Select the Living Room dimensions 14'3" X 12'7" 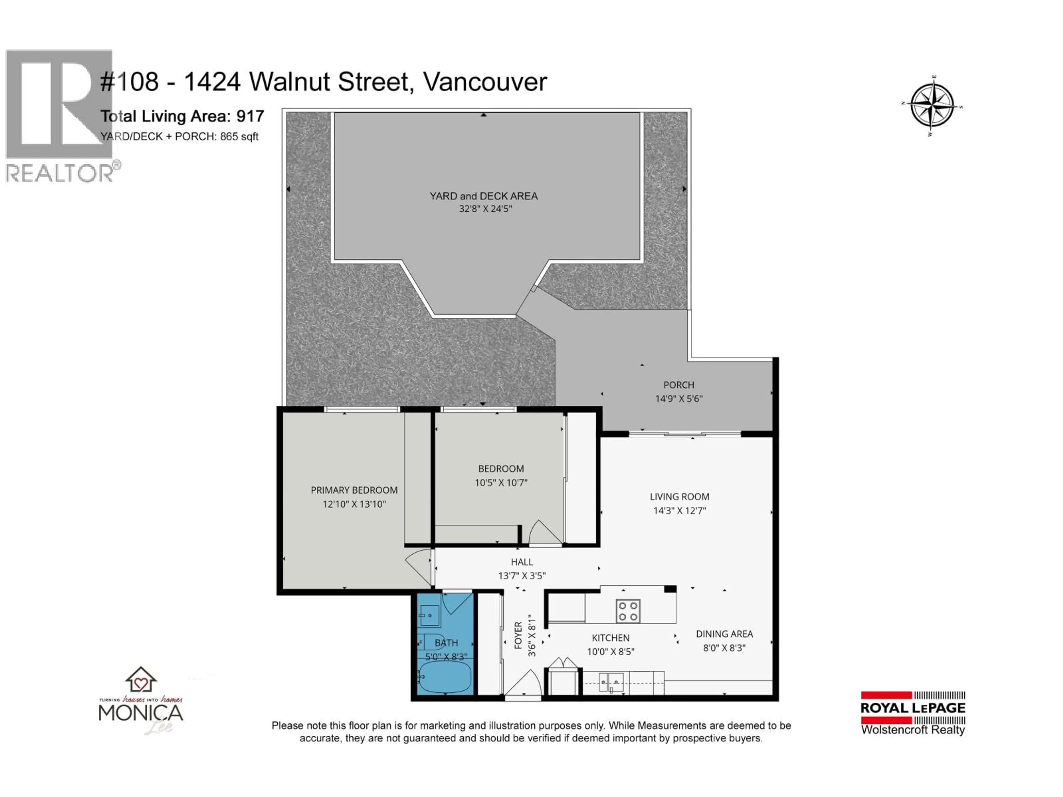point(679,511)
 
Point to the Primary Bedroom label point(354,490)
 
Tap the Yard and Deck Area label point(483,196)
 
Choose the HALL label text point(522,561)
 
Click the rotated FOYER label point(518,635)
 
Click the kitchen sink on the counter point(611,682)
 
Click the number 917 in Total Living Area point(250,116)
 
